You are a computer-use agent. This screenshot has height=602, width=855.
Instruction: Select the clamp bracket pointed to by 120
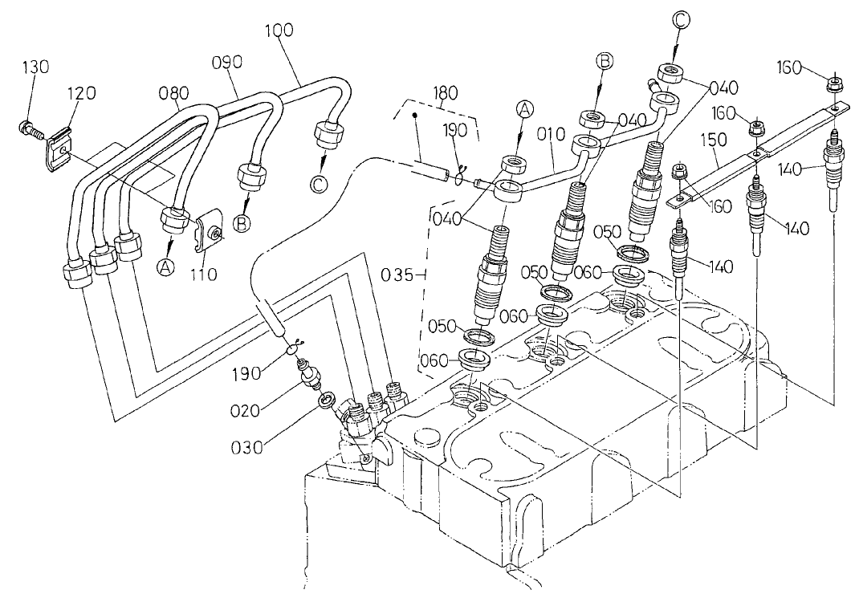point(56,149)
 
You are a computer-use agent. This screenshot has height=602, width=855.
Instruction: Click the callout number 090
point(227,61)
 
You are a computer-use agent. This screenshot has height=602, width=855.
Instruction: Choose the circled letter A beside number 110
point(165,267)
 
